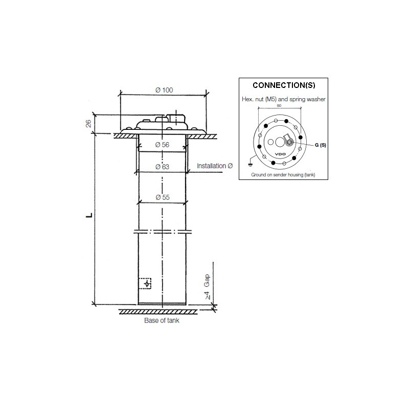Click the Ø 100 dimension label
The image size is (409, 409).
(x=164, y=90)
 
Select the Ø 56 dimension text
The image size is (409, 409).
(x=162, y=145)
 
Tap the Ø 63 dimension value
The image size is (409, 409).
(x=162, y=167)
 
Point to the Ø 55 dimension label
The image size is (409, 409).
(x=162, y=198)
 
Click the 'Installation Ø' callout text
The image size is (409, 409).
(x=215, y=166)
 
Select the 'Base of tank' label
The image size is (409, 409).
(x=162, y=322)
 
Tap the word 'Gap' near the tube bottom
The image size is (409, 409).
(x=208, y=280)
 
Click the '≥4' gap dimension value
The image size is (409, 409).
(x=208, y=296)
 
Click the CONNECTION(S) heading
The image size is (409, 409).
(x=284, y=86)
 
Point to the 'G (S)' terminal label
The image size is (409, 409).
(x=320, y=145)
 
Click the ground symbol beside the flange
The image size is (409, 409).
(x=249, y=165)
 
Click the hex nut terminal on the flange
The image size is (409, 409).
(x=290, y=143)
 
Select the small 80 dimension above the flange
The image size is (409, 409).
(x=279, y=106)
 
